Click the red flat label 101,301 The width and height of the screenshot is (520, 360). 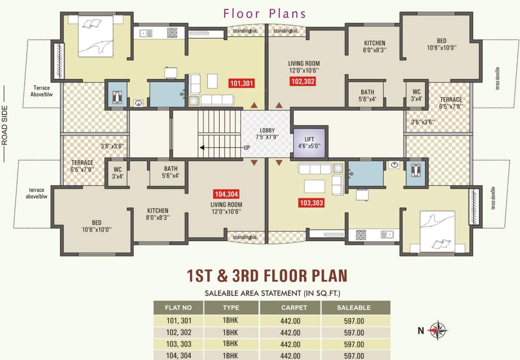(242, 84)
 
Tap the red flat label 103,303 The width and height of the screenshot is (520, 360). (311, 203)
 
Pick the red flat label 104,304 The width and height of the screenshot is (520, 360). (226, 194)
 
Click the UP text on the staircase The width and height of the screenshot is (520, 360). (246, 147)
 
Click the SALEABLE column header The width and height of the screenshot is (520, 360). (354, 307)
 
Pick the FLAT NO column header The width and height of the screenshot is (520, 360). (178, 307)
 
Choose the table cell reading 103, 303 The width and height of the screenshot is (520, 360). (178, 344)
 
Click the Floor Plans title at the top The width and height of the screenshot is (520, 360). (265, 13)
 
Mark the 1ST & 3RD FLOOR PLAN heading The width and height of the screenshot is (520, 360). (267, 275)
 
